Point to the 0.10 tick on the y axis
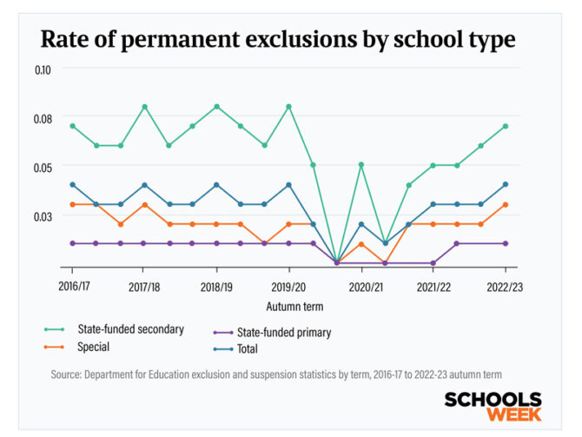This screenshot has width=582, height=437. pos(43,69)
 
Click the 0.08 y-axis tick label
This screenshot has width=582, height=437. pos(43,118)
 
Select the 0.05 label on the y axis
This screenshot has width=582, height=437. pos(43,167)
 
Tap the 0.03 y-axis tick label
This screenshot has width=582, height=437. pos(43,215)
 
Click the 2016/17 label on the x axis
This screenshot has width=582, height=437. pos(73,286)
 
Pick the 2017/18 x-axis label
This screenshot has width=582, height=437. pos(144,286)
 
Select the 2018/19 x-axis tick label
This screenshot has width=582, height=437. pos(216,286)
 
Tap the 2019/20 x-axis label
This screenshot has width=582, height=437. pos(288,286)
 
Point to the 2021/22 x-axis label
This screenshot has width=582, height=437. pos(433,286)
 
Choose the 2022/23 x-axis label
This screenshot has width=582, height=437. pos(505,286)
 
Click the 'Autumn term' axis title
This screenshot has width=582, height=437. pos(289,307)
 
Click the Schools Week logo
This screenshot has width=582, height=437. pos(492,406)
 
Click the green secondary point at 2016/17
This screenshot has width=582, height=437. pos(73,126)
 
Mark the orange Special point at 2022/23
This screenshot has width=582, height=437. pos(506,205)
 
